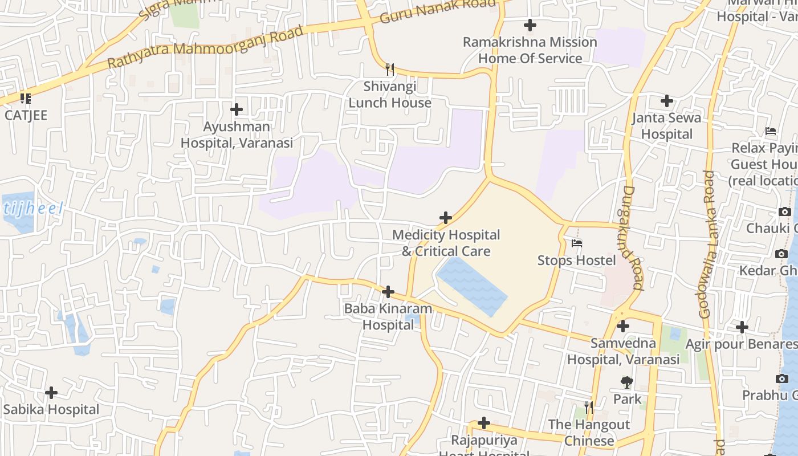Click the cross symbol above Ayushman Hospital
[x=236, y=109]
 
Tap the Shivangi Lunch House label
[x=390, y=95]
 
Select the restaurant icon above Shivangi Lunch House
[x=390, y=70]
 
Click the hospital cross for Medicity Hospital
[x=446, y=217]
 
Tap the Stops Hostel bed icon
[x=577, y=243]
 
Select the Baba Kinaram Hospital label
[x=388, y=316]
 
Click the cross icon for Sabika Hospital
[x=51, y=392]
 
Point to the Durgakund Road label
[x=631, y=238]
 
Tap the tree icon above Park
[x=627, y=381]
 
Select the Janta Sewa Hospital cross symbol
[x=666, y=101]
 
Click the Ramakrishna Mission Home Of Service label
[x=530, y=50]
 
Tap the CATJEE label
[x=26, y=115]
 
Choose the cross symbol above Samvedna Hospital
[x=623, y=326]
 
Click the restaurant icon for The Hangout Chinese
[x=589, y=408]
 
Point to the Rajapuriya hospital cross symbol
[x=484, y=423]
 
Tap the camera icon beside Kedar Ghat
[x=781, y=254]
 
